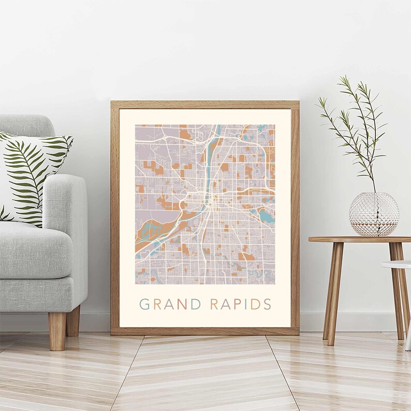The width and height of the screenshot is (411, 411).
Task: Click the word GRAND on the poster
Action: click(x=170, y=304)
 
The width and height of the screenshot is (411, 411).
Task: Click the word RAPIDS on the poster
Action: click(x=240, y=304)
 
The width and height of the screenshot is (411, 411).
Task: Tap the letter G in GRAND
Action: click(x=144, y=304)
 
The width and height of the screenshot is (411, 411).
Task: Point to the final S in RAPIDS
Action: click(x=267, y=304)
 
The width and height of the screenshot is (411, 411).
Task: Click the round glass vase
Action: click(x=374, y=214)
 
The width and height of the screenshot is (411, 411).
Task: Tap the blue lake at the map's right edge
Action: click(x=267, y=215)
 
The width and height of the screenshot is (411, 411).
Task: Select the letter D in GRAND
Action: click(x=196, y=304)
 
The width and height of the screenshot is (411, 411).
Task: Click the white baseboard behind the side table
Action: click(x=362, y=321)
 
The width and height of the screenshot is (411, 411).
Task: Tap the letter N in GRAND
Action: click(x=183, y=304)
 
